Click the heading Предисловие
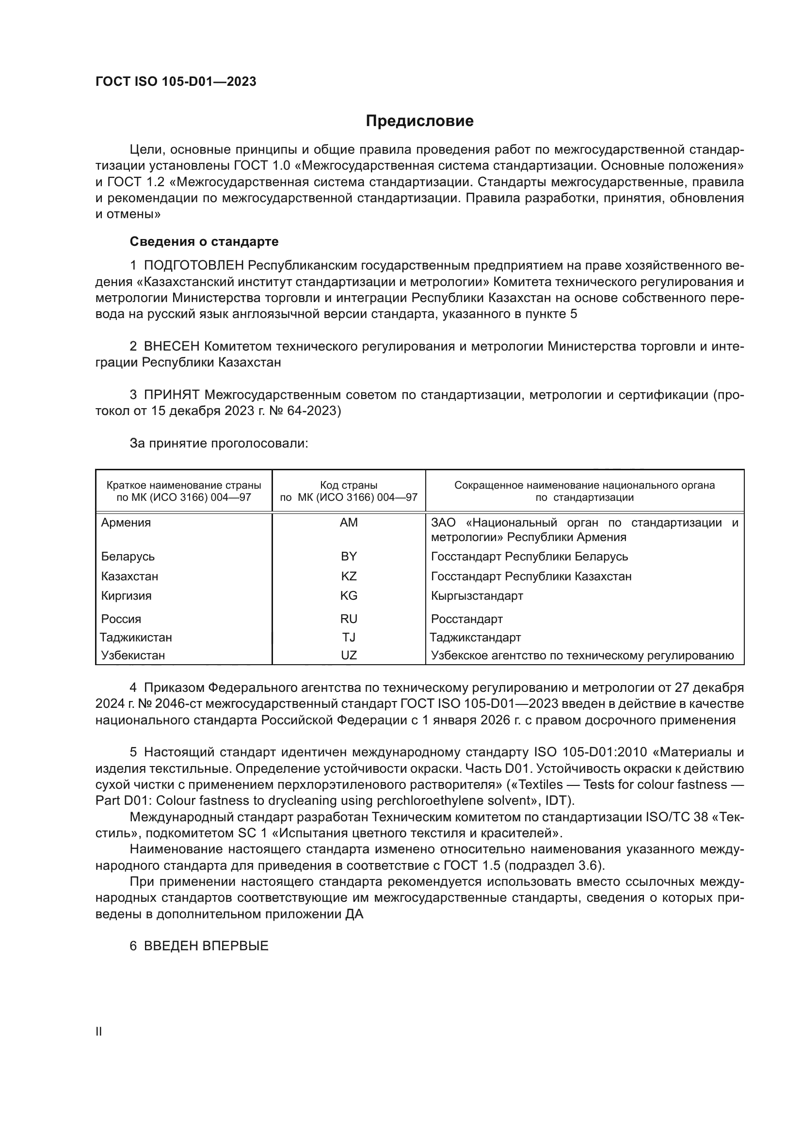[x=419, y=121]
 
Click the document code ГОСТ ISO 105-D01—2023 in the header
[x=176, y=82]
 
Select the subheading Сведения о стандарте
[x=204, y=241]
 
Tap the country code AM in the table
[x=349, y=523]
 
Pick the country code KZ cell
[x=349, y=576]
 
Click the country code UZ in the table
[x=349, y=655]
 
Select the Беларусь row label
[x=128, y=557]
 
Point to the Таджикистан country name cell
[x=136, y=638]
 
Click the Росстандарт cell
[x=466, y=619]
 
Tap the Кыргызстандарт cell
[x=477, y=596]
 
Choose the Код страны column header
[x=349, y=485]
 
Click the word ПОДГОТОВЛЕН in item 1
[x=193, y=266]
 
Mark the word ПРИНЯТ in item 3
[x=171, y=395]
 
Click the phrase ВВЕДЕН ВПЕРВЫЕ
[x=206, y=946]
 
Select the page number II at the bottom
[x=99, y=1032]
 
